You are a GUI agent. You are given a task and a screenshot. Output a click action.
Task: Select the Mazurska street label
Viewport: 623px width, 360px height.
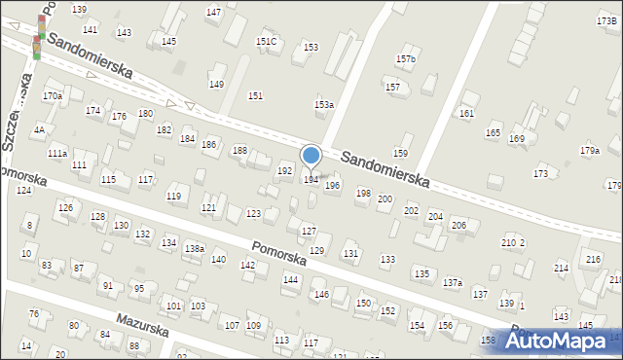click(x=142, y=324)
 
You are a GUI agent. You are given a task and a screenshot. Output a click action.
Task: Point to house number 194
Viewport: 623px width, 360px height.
click(x=311, y=179)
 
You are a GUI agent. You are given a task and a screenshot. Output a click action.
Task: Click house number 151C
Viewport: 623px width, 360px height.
click(x=266, y=41)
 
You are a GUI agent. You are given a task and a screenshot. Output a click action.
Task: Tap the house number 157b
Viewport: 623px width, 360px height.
click(x=406, y=59)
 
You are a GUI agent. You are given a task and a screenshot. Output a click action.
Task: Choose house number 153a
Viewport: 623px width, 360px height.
click(x=324, y=104)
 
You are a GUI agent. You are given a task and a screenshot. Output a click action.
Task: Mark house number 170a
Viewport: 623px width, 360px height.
click(x=53, y=95)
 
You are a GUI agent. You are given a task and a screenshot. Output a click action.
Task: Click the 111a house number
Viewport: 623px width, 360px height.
click(x=57, y=154)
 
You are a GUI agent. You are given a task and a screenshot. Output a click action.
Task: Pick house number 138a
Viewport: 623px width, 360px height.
click(x=195, y=249)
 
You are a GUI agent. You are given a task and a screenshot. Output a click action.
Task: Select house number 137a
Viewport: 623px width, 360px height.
click(x=452, y=282)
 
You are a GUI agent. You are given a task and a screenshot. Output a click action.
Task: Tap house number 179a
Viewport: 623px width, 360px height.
click(x=589, y=150)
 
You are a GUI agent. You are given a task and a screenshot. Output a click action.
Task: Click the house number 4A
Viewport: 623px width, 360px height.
click(x=39, y=129)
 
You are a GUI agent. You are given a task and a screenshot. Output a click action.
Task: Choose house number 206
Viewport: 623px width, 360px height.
click(x=458, y=225)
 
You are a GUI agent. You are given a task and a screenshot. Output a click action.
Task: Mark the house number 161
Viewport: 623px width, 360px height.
click(x=467, y=113)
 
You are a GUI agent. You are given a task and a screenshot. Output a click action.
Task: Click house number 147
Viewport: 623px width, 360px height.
click(x=213, y=12)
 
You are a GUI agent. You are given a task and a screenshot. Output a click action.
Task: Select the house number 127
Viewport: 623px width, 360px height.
click(x=309, y=231)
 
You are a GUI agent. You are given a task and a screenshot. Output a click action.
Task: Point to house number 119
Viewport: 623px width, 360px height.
click(x=174, y=197)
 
